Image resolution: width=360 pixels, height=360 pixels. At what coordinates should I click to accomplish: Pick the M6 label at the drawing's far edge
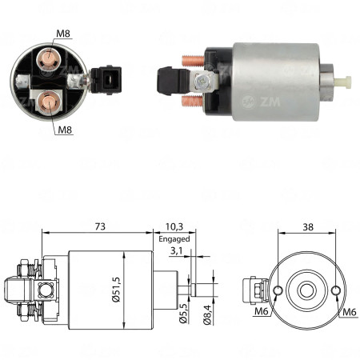[350, 312]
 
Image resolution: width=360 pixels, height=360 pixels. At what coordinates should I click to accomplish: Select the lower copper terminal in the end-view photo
[47, 102]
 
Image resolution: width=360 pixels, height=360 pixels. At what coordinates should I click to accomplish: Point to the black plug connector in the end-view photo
[106, 78]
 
